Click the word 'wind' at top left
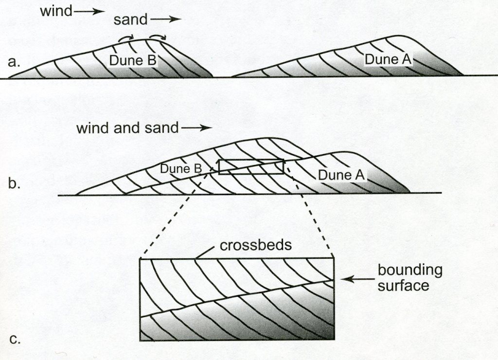coord(55,11)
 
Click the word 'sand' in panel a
coord(131,20)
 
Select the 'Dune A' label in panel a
coord(388,59)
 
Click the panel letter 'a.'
coord(16,62)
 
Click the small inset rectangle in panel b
coord(251,166)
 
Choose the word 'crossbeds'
coord(256,245)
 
